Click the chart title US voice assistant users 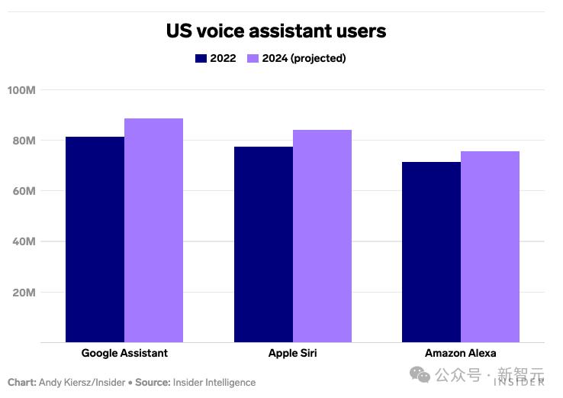click(x=276, y=31)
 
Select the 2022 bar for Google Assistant click(x=95, y=239)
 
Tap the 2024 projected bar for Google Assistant click(x=153, y=230)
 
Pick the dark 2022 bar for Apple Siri click(x=263, y=244)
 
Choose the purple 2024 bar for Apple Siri click(x=322, y=236)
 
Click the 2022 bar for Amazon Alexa click(x=431, y=251)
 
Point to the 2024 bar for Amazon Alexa click(x=490, y=246)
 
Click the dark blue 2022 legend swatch click(x=201, y=58)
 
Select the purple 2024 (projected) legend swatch click(x=253, y=58)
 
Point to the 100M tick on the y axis click(x=21, y=90)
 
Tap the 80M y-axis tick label click(x=23, y=141)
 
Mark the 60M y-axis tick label click(x=23, y=191)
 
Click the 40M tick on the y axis click(x=23, y=241)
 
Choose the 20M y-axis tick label click(x=23, y=292)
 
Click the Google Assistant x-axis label click(x=124, y=353)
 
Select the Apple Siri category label click(x=292, y=353)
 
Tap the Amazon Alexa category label click(x=460, y=353)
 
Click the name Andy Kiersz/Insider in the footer click(x=83, y=382)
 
